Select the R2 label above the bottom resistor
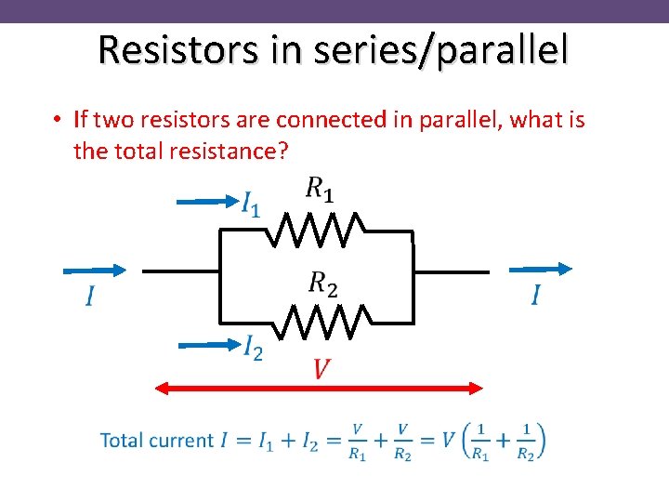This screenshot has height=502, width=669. pyautogui.click(x=323, y=283)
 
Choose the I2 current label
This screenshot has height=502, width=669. pyautogui.click(x=252, y=349)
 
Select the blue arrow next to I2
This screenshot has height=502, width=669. pyautogui.click(x=209, y=344)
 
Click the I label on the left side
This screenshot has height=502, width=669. pyautogui.click(x=90, y=297)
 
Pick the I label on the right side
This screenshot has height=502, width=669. pyautogui.click(x=536, y=296)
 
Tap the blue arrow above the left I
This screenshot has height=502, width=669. pyautogui.click(x=94, y=270)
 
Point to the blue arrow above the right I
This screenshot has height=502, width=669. pyautogui.click(x=541, y=269)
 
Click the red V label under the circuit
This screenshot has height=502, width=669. pyautogui.click(x=321, y=370)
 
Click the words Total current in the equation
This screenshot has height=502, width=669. pyautogui.click(x=156, y=440)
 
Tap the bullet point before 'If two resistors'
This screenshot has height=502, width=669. pyautogui.click(x=57, y=120)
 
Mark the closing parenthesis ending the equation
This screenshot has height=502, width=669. pyautogui.click(x=540, y=441)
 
